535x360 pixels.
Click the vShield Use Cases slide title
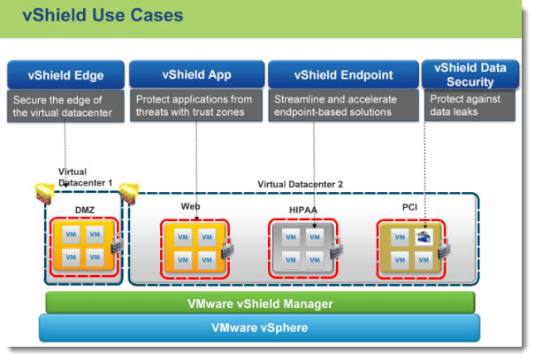[103, 15]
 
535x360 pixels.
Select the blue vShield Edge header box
[65, 74]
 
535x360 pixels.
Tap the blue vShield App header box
[197, 74]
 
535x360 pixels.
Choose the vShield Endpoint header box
[343, 74]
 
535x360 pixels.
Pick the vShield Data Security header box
[470, 74]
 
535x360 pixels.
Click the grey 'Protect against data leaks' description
[470, 105]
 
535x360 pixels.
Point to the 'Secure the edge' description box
[65, 106]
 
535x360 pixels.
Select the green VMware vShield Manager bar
[260, 303]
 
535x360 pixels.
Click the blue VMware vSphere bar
[260, 327]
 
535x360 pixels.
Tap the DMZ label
[85, 210]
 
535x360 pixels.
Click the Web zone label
[190, 206]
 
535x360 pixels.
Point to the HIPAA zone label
[303, 210]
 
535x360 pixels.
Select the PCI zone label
[409, 207]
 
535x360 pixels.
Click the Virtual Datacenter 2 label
[300, 184]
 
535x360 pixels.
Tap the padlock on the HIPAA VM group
[336, 249]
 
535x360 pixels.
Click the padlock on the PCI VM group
[444, 249]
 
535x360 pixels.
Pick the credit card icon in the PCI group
[424, 237]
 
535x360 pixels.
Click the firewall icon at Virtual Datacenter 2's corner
[129, 193]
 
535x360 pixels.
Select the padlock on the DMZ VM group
[118, 243]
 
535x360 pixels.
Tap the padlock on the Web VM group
[227, 248]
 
